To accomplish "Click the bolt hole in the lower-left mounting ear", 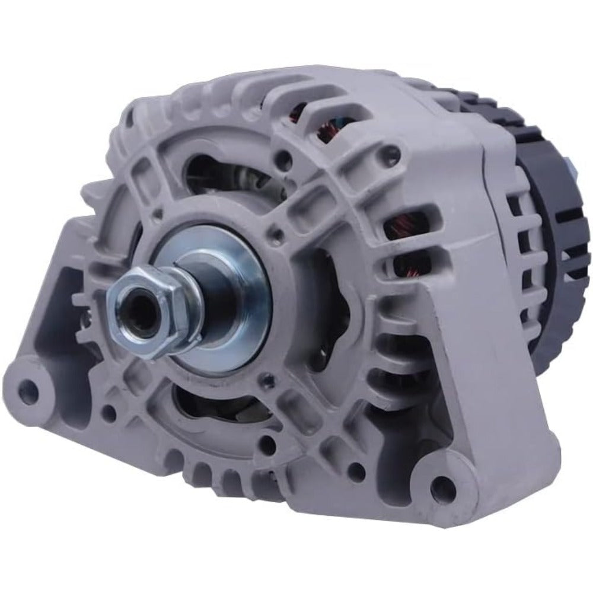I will pyautogui.click(x=28, y=388).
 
